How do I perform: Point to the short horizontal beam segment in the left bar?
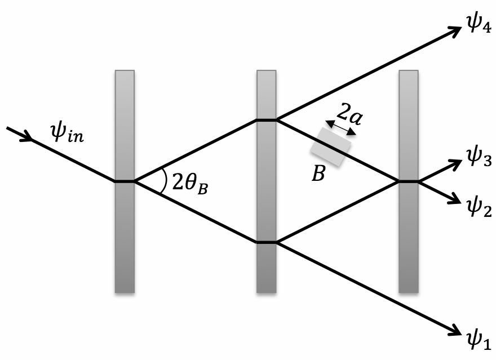(125, 181)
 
